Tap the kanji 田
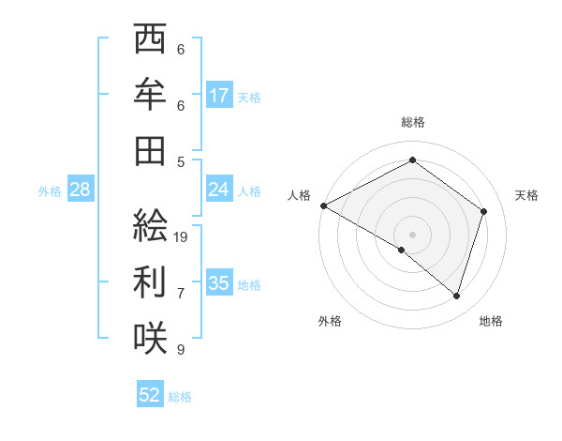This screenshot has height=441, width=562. click(x=150, y=149)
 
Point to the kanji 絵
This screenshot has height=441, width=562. click(x=150, y=225)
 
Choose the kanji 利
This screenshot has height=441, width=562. click(x=150, y=281)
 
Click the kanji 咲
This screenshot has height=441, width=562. click(x=150, y=337)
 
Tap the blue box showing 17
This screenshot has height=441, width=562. click(x=219, y=96)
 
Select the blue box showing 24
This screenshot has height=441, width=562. click(x=219, y=190)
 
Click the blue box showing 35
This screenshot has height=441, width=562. click(x=219, y=283)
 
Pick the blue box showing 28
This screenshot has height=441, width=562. click(x=80, y=190)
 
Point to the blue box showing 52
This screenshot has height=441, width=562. click(x=150, y=395)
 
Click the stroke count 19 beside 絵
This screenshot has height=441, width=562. click(x=181, y=237)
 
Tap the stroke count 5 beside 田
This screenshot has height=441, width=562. click(x=181, y=161)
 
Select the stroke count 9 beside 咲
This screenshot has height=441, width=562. click(x=181, y=350)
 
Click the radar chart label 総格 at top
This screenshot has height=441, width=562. click(x=412, y=122)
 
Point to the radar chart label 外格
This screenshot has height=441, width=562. click(x=330, y=321)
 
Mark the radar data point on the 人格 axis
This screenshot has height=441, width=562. click(x=323, y=205)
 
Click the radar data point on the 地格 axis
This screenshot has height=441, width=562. click(x=456, y=296)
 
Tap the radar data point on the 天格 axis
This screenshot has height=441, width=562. click(x=483, y=211)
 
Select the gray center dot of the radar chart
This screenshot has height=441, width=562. click(x=412, y=234)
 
